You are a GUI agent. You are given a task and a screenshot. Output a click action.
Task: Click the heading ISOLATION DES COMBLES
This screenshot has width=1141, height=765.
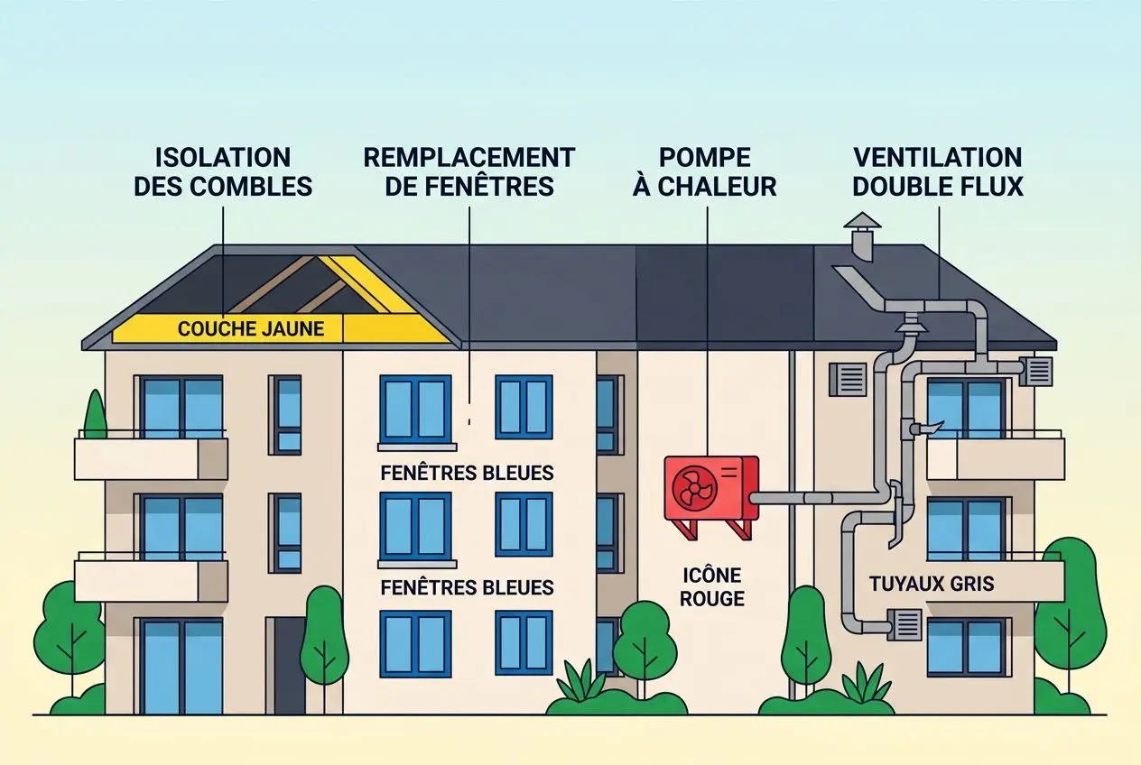(x=222, y=171)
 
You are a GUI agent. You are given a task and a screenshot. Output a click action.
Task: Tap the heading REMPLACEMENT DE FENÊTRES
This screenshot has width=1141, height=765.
(x=468, y=171)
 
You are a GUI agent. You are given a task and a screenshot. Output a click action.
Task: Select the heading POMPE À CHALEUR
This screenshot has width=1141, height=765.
(x=705, y=171)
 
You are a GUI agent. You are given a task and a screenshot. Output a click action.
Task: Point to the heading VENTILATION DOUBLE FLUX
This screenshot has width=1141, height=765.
(x=938, y=171)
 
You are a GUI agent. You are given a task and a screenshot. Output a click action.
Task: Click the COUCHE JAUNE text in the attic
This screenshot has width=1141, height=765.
(x=250, y=328)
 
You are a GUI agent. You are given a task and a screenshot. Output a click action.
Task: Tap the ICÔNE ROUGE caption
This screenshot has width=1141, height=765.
(x=713, y=586)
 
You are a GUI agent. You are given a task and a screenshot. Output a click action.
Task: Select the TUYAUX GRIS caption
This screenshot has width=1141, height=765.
(x=932, y=584)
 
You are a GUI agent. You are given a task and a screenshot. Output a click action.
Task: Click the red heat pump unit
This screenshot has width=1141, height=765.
(x=710, y=488)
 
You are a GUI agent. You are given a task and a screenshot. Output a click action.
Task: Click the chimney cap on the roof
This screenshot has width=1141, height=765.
(x=862, y=222)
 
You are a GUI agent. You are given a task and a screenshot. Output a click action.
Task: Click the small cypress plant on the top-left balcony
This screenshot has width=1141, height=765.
(x=95, y=416)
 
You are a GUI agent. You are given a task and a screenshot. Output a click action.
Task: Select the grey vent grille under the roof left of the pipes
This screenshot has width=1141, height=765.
(x=848, y=379)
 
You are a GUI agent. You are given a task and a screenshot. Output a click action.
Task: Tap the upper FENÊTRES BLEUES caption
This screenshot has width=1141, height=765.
(x=467, y=473)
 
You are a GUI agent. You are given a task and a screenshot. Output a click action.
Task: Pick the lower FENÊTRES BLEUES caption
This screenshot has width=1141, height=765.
(x=467, y=587)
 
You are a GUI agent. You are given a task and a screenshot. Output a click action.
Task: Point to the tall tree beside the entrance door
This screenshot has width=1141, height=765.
(x=324, y=636)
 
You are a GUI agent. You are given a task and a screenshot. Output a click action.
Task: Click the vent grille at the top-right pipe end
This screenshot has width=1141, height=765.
(x=1038, y=370)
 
